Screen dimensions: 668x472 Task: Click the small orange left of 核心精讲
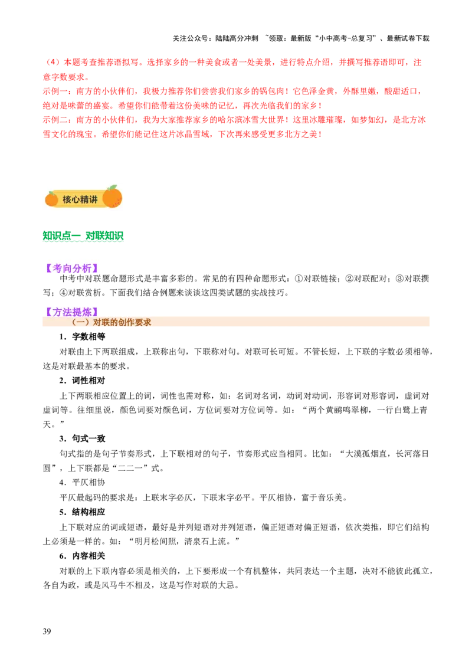tap(51, 199)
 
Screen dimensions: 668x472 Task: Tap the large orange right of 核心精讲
tap(112, 197)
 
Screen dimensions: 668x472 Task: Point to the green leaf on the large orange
tap(112, 188)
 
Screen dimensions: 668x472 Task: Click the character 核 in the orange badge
tap(67, 200)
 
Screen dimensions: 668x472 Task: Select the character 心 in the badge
tap(76, 200)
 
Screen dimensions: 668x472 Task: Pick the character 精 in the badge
tap(84, 200)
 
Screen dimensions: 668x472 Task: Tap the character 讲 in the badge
tap(93, 200)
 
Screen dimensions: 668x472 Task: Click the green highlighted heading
tap(84, 237)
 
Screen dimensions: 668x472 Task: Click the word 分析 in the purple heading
tap(82, 268)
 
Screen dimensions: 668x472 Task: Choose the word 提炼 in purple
tap(82, 312)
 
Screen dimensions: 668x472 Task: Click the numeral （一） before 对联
tap(80, 323)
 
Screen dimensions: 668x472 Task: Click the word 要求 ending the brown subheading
tap(143, 323)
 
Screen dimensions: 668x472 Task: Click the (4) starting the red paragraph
tap(52, 62)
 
